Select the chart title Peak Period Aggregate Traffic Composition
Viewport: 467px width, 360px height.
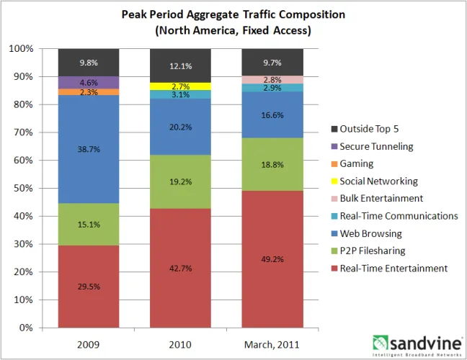point(233,14)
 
